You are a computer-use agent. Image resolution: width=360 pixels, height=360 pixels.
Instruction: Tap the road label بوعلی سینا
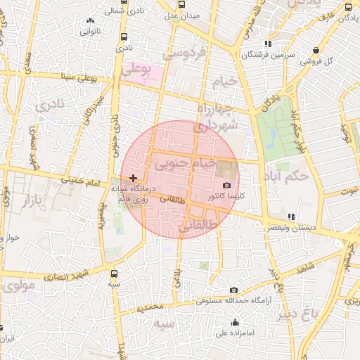[x=79, y=76]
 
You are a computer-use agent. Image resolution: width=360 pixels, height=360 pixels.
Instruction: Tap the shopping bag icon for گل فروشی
[x=316, y=50]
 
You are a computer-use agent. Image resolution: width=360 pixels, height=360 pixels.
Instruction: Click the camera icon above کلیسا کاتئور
[x=226, y=184]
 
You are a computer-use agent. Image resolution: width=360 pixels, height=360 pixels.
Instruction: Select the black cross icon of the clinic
[x=134, y=179]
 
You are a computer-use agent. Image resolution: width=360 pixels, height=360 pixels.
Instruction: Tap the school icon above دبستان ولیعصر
[x=291, y=217]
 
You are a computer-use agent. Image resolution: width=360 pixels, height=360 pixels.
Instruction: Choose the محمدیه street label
[x=150, y=307]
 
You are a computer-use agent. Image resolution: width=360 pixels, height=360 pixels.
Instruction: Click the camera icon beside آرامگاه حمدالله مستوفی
[x=233, y=290]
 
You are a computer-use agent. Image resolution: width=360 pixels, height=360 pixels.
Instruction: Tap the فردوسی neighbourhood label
[x=185, y=53]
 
